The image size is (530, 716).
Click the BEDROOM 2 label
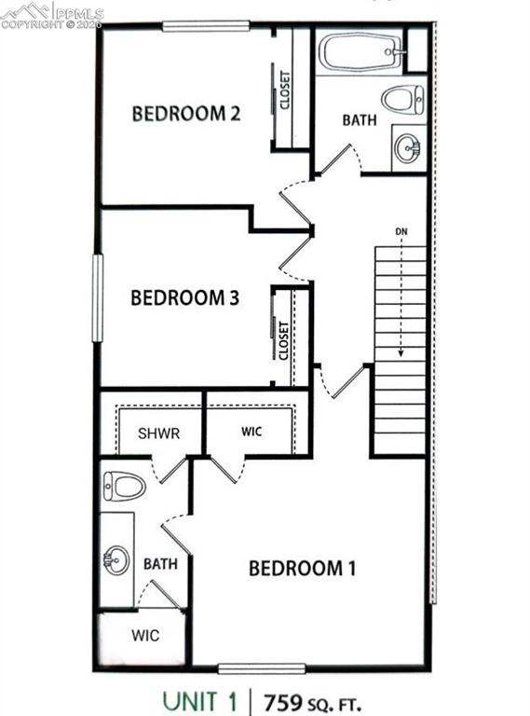(186, 114)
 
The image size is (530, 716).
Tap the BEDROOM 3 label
(185, 298)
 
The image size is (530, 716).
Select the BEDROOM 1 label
(302, 568)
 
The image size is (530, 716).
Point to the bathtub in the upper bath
(360, 51)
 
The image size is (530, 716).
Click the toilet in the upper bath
(403, 98)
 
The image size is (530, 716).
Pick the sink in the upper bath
(407, 147)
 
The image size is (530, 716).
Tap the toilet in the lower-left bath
(124, 485)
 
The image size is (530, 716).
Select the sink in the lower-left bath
(116, 559)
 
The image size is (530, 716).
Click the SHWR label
(158, 434)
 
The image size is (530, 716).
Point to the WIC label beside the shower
(252, 433)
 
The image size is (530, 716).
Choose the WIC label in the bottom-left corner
(144, 636)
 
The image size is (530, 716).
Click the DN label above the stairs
(401, 229)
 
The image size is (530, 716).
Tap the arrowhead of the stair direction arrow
(401, 354)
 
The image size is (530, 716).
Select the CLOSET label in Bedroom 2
(284, 90)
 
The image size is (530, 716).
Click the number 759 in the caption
(285, 698)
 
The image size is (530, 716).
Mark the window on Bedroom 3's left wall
(96, 298)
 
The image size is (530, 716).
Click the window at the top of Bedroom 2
(206, 26)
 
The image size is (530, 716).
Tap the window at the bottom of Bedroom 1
(262, 668)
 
